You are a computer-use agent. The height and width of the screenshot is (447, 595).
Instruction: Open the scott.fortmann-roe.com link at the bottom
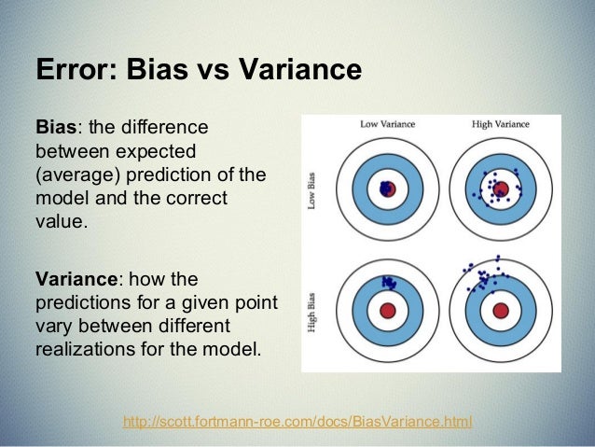click(297, 422)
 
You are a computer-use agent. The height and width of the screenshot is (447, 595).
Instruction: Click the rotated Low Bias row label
click(311, 189)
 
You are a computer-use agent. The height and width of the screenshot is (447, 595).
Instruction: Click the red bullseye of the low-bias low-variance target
click(389, 189)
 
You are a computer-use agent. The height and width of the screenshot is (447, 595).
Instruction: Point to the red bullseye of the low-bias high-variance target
click(500, 189)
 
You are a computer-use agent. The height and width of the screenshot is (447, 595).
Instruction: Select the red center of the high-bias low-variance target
click(389, 309)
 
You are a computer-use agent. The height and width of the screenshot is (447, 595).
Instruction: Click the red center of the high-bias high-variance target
click(500, 309)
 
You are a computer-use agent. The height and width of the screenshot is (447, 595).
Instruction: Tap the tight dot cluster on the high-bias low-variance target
click(387, 281)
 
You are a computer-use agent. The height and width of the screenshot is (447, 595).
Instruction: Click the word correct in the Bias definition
click(200, 200)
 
